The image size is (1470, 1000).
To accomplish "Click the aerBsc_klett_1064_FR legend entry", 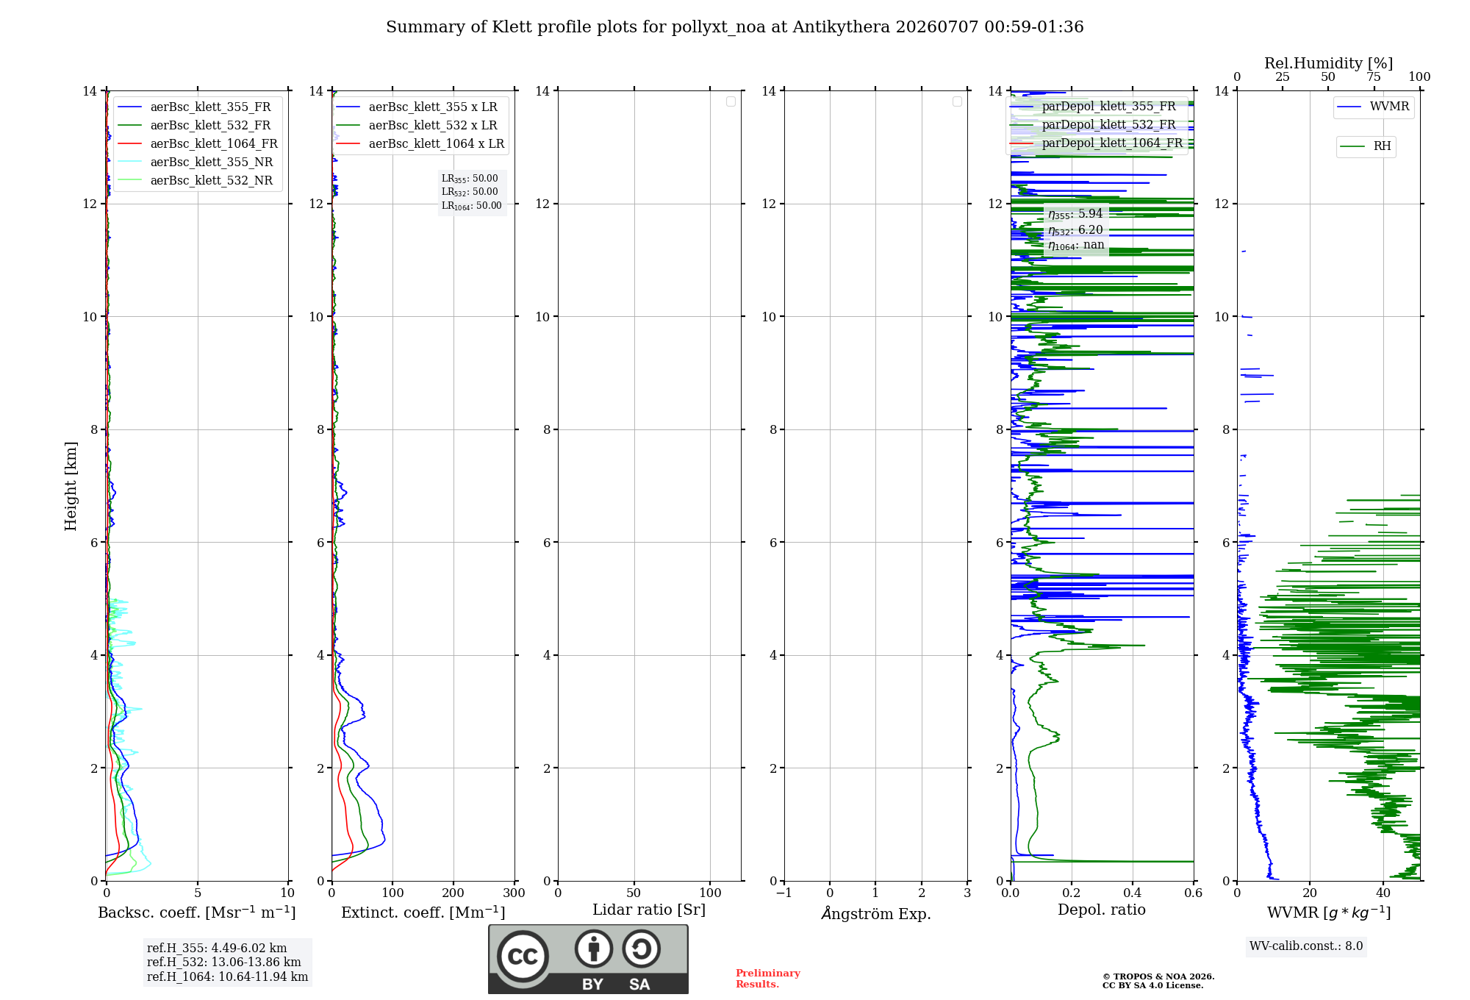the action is click(197, 144).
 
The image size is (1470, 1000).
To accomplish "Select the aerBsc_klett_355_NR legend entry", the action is click(195, 162).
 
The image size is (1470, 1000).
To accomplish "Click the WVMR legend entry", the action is click(1373, 107).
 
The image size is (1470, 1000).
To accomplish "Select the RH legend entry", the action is click(1366, 146).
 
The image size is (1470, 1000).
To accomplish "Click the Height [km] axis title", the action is click(71, 486).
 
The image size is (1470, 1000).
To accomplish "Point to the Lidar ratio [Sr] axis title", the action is click(649, 910).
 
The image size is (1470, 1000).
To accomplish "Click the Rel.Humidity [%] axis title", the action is click(1328, 63).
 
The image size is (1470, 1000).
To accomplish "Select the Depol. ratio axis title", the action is click(1102, 910).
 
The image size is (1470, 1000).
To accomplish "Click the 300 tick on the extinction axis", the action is click(514, 893).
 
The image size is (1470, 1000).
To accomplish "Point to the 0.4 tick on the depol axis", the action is click(1133, 893).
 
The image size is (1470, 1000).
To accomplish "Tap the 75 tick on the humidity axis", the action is click(1374, 77).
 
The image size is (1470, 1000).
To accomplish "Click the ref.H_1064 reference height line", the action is click(227, 977).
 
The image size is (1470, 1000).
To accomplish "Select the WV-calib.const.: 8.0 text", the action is click(1306, 946).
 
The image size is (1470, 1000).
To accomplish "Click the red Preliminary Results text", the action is click(768, 979).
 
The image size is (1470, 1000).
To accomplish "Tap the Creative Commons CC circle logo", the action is click(523, 957).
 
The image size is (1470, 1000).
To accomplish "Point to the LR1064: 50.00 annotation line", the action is click(471, 206).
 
